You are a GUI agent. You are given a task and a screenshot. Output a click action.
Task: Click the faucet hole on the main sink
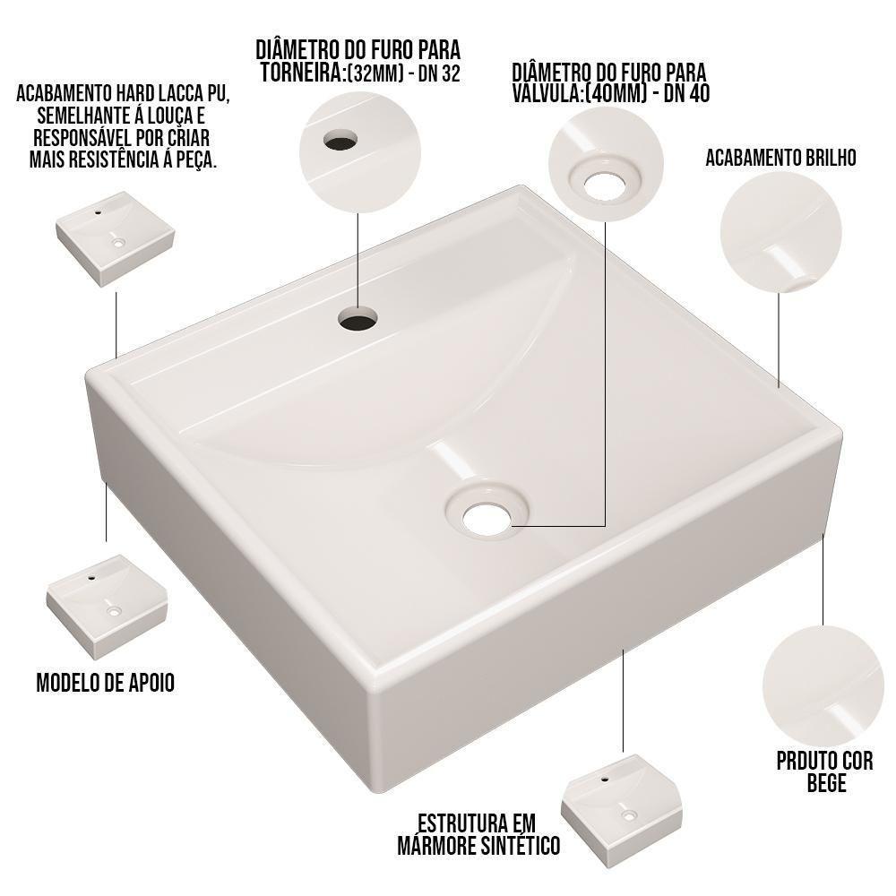(358, 319)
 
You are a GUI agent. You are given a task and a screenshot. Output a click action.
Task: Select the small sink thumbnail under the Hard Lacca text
(116, 236)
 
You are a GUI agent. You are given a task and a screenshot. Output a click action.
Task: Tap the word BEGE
(824, 785)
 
